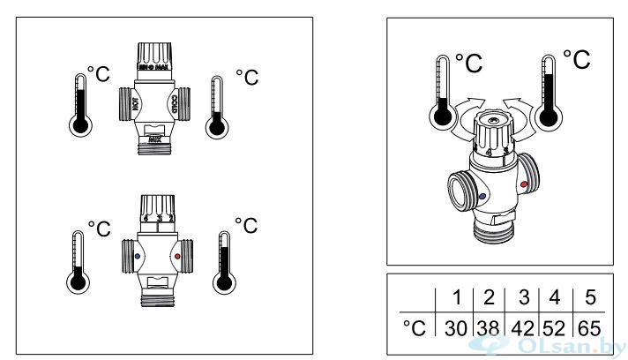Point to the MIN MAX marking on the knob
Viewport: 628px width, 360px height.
[156, 65]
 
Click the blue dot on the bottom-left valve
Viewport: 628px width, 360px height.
[138, 259]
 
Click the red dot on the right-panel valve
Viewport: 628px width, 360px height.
[526, 185]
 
